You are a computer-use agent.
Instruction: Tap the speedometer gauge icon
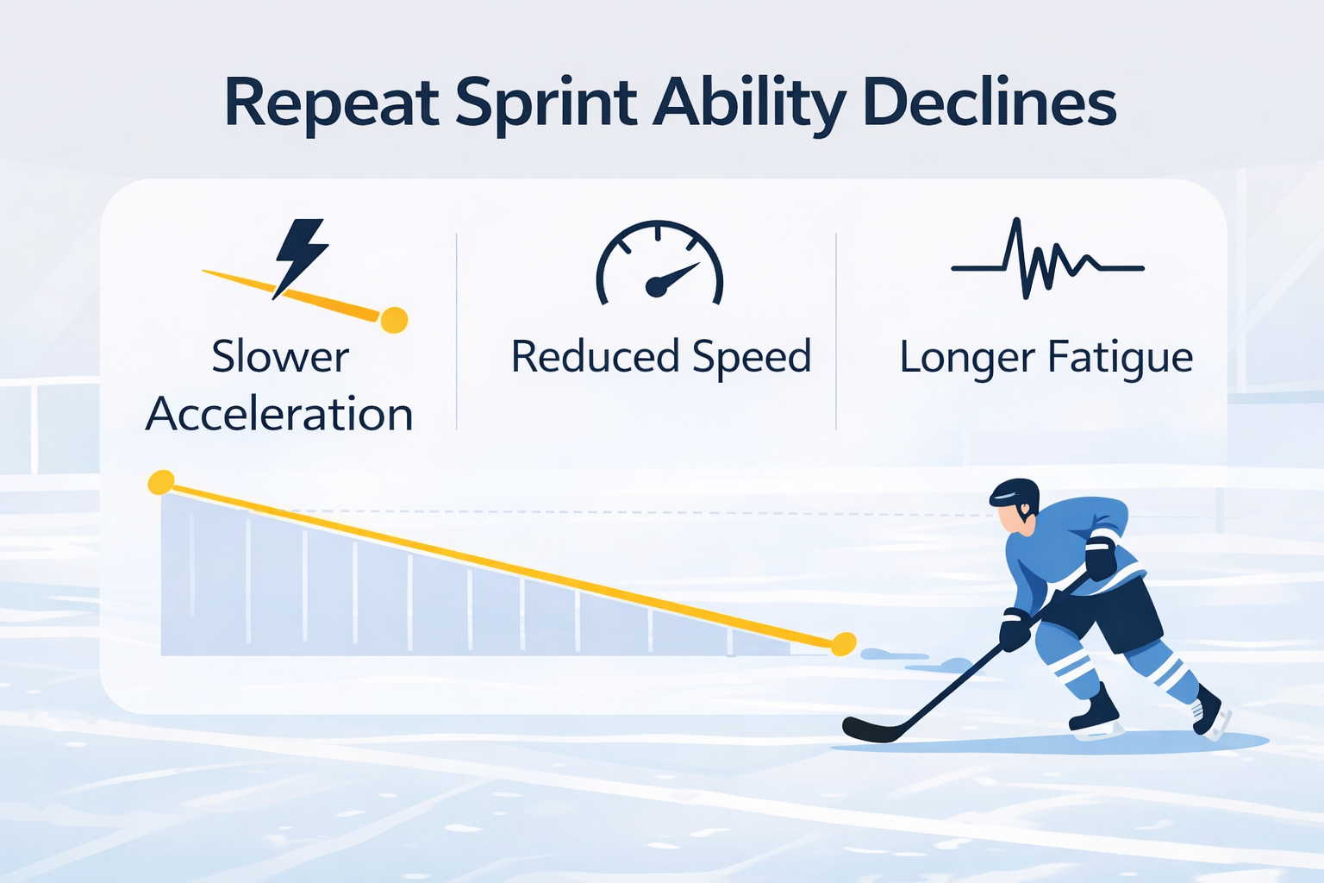(659, 263)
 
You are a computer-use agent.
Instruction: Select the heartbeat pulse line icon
(1047, 259)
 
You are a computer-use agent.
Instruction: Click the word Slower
(280, 357)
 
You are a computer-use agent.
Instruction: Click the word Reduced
(596, 356)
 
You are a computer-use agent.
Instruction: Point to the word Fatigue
(1120, 359)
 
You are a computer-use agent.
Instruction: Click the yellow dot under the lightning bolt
(394, 320)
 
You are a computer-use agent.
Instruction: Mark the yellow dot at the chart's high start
(161, 483)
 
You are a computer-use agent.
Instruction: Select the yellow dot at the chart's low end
(844, 644)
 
